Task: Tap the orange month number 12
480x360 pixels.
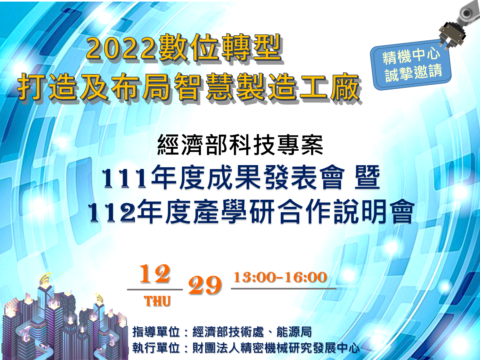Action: [x=155, y=274]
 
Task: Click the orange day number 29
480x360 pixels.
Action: [x=205, y=285]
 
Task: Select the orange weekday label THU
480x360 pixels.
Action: [x=157, y=301]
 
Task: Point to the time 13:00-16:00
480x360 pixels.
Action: [x=280, y=277]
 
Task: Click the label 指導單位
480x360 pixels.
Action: [x=156, y=332]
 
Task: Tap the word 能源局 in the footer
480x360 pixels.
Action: [x=294, y=332]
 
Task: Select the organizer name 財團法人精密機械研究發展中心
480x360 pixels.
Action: [x=276, y=348]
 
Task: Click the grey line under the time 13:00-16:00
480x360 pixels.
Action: [x=284, y=289]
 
